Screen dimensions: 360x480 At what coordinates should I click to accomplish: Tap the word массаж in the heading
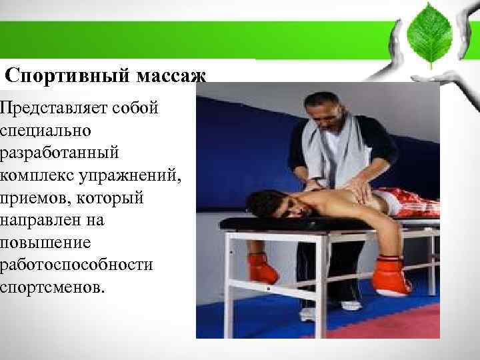point(172,75)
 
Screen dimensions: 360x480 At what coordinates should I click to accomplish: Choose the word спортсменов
point(53,287)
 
